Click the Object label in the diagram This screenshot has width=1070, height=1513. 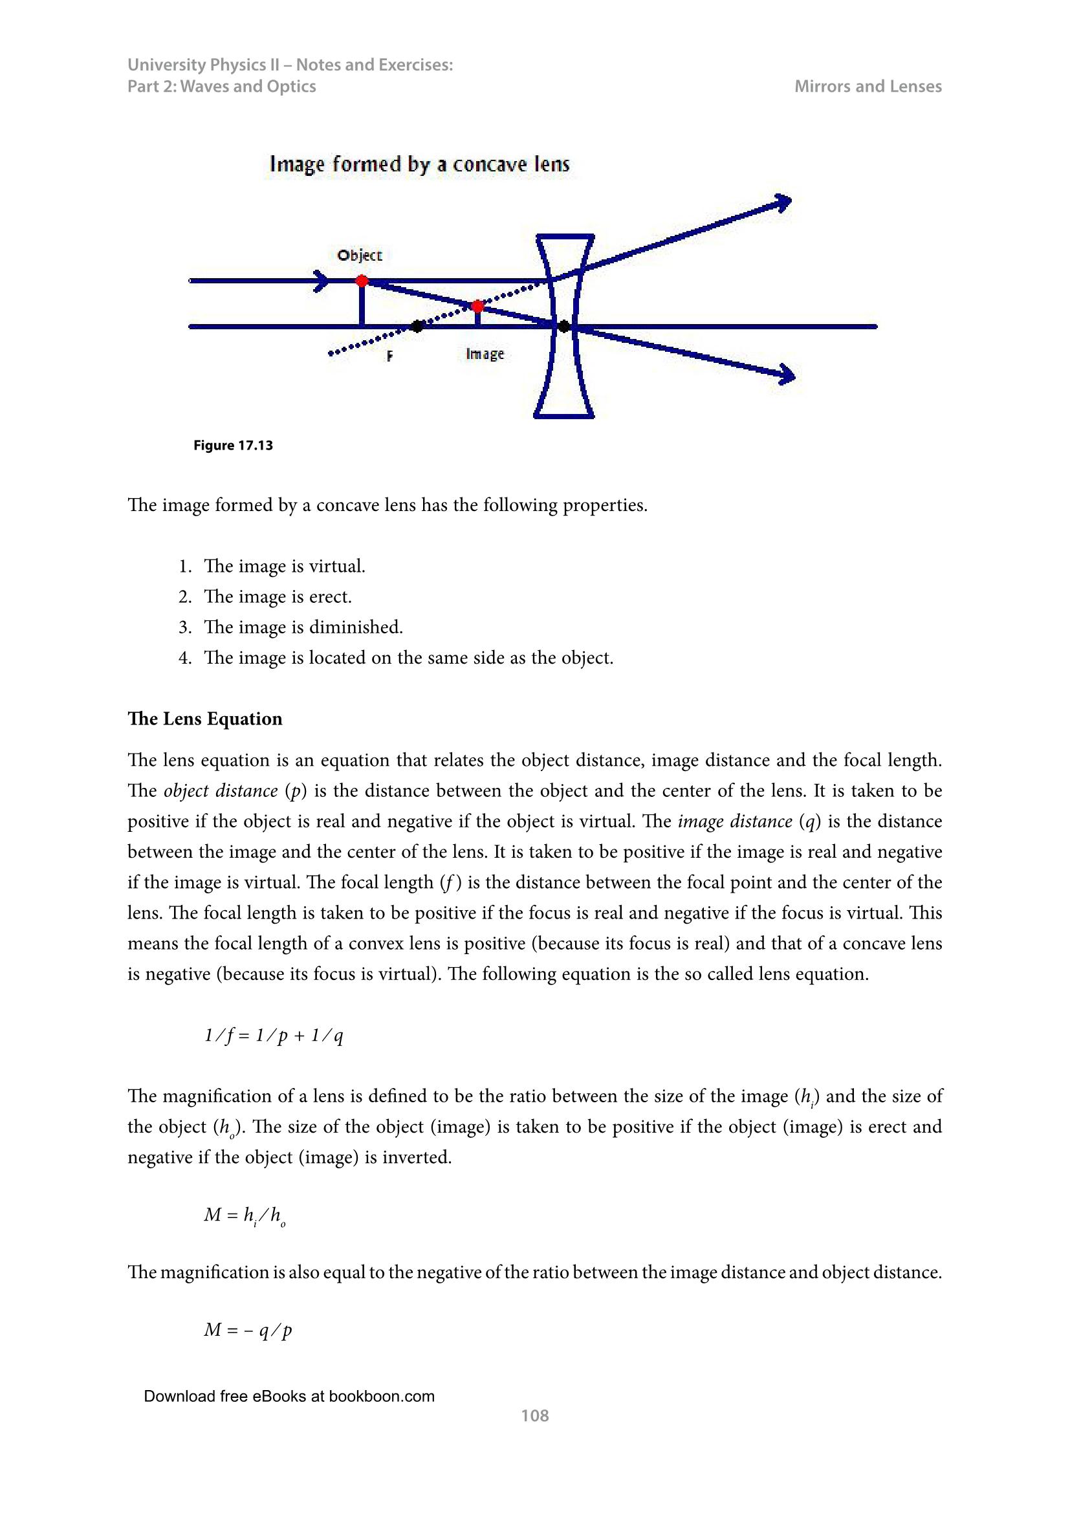coord(359,255)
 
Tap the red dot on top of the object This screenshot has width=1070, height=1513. coord(362,281)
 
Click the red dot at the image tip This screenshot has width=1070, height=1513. coord(477,306)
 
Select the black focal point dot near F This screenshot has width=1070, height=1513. coord(417,326)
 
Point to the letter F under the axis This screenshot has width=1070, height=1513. coord(390,356)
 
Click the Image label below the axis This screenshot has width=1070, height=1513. coord(485,354)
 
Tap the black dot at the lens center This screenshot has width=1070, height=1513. coord(564,326)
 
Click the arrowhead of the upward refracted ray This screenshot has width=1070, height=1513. coord(783,202)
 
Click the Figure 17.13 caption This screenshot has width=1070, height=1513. coord(233,446)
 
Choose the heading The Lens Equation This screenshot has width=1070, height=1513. coord(205,718)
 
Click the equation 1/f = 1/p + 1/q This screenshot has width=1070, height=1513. coord(274,1036)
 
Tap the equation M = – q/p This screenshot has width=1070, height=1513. coord(248,1330)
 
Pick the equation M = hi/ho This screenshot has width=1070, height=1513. coord(245,1215)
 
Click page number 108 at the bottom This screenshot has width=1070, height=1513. coord(534,1415)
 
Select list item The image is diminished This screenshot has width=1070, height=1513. coord(303,627)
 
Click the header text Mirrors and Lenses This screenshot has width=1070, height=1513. coord(868,86)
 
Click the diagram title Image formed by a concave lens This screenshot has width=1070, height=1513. coord(420,164)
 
